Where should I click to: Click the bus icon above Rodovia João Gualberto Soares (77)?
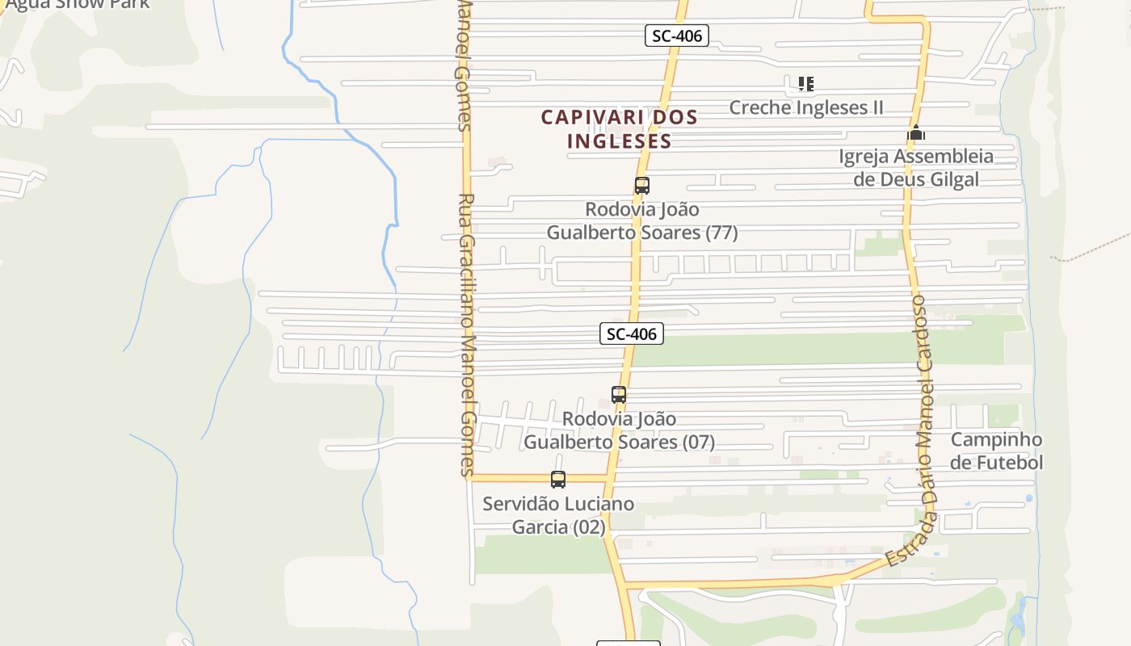click(x=642, y=186)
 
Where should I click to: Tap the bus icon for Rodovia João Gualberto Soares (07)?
click(x=619, y=395)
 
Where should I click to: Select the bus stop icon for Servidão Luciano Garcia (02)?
click(x=558, y=480)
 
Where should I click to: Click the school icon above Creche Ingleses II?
click(x=805, y=83)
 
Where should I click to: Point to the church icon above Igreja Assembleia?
click(x=915, y=132)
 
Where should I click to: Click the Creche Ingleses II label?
click(x=806, y=107)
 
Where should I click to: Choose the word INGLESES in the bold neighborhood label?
click(x=620, y=141)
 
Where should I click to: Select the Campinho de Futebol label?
click(x=996, y=451)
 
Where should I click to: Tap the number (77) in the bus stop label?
click(x=721, y=233)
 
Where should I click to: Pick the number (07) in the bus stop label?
click(x=698, y=443)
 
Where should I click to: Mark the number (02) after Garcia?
click(x=589, y=527)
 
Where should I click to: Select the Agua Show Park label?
click(x=78, y=4)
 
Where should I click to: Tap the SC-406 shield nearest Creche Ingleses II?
click(x=677, y=36)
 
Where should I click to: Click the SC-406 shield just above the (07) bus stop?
click(x=632, y=333)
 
